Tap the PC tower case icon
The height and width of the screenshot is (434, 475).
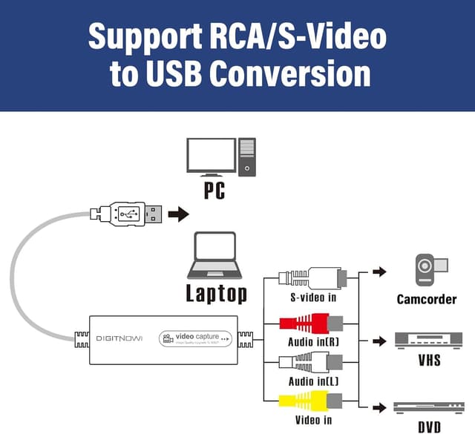[246, 157]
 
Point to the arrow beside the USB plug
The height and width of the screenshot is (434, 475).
[178, 214]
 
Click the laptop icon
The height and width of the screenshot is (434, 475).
[214, 256]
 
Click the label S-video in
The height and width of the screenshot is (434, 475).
[312, 298]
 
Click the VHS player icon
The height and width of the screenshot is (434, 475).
[430, 341]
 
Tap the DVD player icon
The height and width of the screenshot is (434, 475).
[429, 407]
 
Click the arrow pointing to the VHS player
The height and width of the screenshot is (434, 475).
[379, 341]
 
